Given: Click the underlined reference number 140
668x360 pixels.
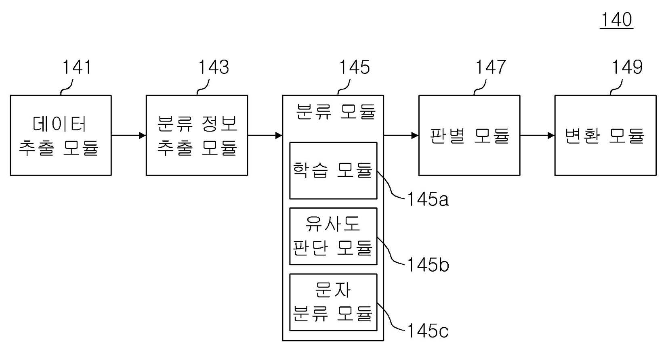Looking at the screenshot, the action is point(616,20).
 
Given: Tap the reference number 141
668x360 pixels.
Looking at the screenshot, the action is point(77,67).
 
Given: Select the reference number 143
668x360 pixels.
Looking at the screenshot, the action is point(214,67).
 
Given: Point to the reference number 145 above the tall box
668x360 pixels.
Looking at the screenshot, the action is point(355,67).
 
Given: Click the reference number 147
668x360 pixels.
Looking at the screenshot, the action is point(491,67).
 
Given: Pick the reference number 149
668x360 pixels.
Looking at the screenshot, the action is point(627,67).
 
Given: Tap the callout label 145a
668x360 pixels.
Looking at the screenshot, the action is point(428,199).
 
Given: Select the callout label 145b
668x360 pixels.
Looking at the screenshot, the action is point(428,265).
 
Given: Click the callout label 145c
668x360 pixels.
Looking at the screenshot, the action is point(428,331).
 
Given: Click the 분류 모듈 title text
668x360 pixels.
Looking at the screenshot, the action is point(336,112).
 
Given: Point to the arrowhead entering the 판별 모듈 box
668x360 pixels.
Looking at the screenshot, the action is point(415,135).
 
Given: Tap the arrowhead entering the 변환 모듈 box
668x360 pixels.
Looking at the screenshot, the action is point(551,135).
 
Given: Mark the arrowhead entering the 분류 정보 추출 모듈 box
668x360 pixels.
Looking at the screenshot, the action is point(143,135).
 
